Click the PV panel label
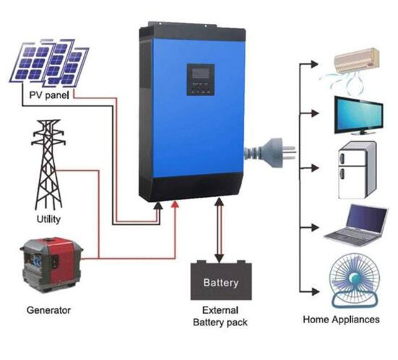(49, 95)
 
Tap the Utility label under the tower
(48, 219)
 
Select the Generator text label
(48, 310)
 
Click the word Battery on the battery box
(221, 283)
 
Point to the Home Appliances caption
(342, 320)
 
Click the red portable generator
(51, 265)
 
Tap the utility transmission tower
(48, 164)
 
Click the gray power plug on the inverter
(270, 153)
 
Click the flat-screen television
(359, 115)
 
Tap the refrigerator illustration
(357, 170)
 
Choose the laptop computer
(356, 226)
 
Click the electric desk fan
(355, 281)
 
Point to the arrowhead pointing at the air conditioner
(314, 64)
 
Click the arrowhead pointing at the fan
(315, 291)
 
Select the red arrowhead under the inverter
(175, 204)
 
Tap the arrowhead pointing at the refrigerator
(315, 168)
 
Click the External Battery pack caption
(220, 317)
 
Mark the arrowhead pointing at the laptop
(315, 227)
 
